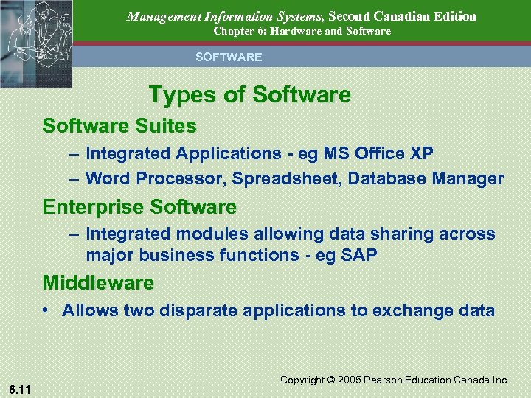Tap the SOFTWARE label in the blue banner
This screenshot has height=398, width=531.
[x=228, y=57]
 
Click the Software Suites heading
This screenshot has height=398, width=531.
[x=119, y=126]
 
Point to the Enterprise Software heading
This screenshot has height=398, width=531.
[x=139, y=206]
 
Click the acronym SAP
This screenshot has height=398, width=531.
[x=360, y=255]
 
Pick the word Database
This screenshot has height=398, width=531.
[x=383, y=178]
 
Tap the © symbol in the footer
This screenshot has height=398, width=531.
[x=328, y=380]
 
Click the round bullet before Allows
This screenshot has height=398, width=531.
[x=46, y=310]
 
